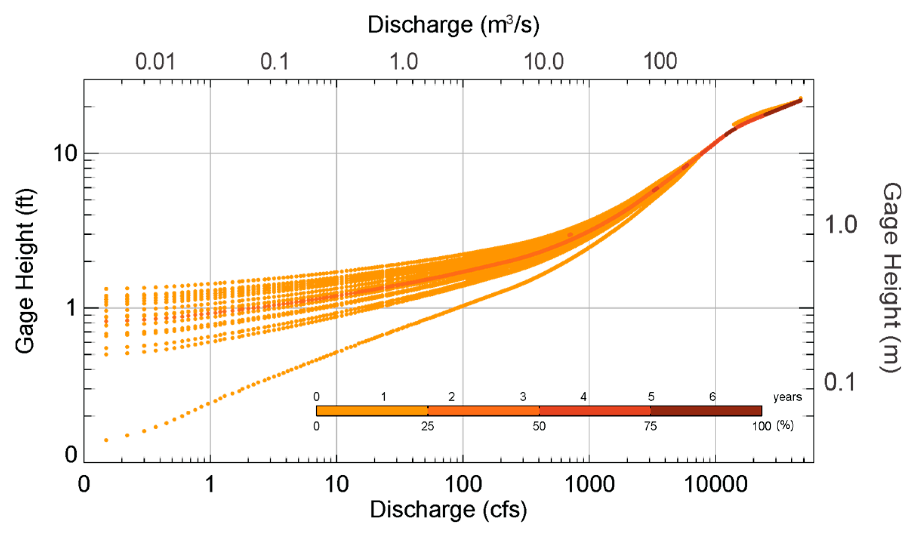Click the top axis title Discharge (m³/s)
(x=453, y=25)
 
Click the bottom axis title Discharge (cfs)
(x=448, y=510)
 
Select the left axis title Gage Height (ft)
(x=26, y=271)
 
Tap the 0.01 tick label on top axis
(x=155, y=62)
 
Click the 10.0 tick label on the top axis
(x=543, y=62)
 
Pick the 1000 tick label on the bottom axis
(x=590, y=484)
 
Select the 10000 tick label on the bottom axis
(x=716, y=484)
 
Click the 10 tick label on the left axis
(x=65, y=154)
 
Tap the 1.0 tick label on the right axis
(x=840, y=225)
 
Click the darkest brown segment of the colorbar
(x=706, y=411)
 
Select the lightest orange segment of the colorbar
(x=372, y=411)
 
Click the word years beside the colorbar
(x=787, y=397)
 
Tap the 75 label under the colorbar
(x=650, y=426)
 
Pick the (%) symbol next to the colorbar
(x=785, y=425)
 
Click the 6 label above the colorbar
(x=712, y=397)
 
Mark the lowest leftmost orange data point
(x=106, y=440)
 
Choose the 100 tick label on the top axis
(x=660, y=62)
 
